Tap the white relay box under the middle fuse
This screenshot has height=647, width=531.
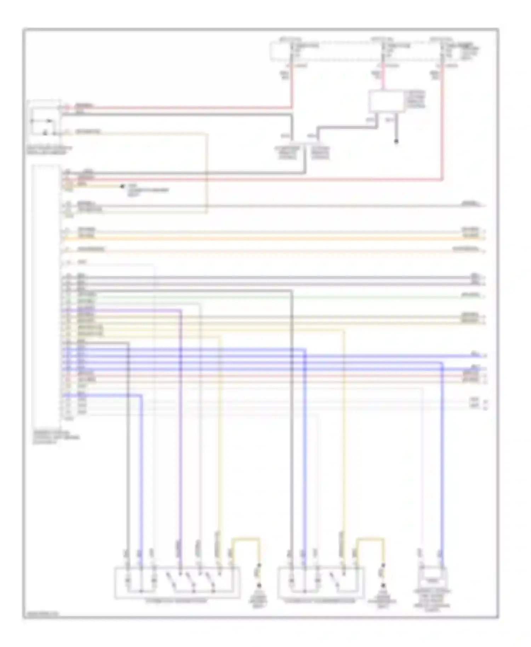(387, 101)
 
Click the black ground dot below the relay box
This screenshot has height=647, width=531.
(396, 142)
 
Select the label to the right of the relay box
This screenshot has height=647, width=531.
(416, 99)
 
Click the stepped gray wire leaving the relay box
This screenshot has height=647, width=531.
(347, 127)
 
